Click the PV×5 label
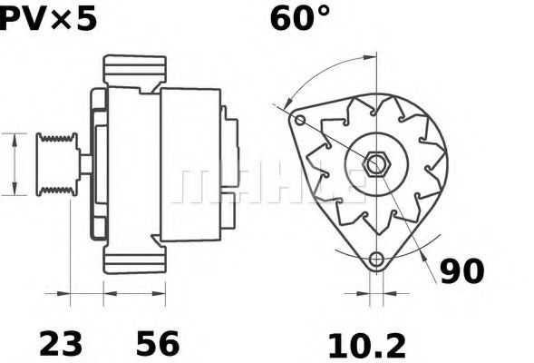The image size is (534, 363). click(47, 18)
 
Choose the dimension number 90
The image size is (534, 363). click(461, 270)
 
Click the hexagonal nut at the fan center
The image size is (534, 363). click(377, 164)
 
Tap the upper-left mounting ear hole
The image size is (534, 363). click(299, 119)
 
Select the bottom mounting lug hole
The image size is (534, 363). click(377, 260)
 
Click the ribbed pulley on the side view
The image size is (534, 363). click(56, 163)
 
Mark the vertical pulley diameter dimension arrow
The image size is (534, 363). click(15, 163)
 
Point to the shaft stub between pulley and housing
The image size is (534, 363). click(83, 163)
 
